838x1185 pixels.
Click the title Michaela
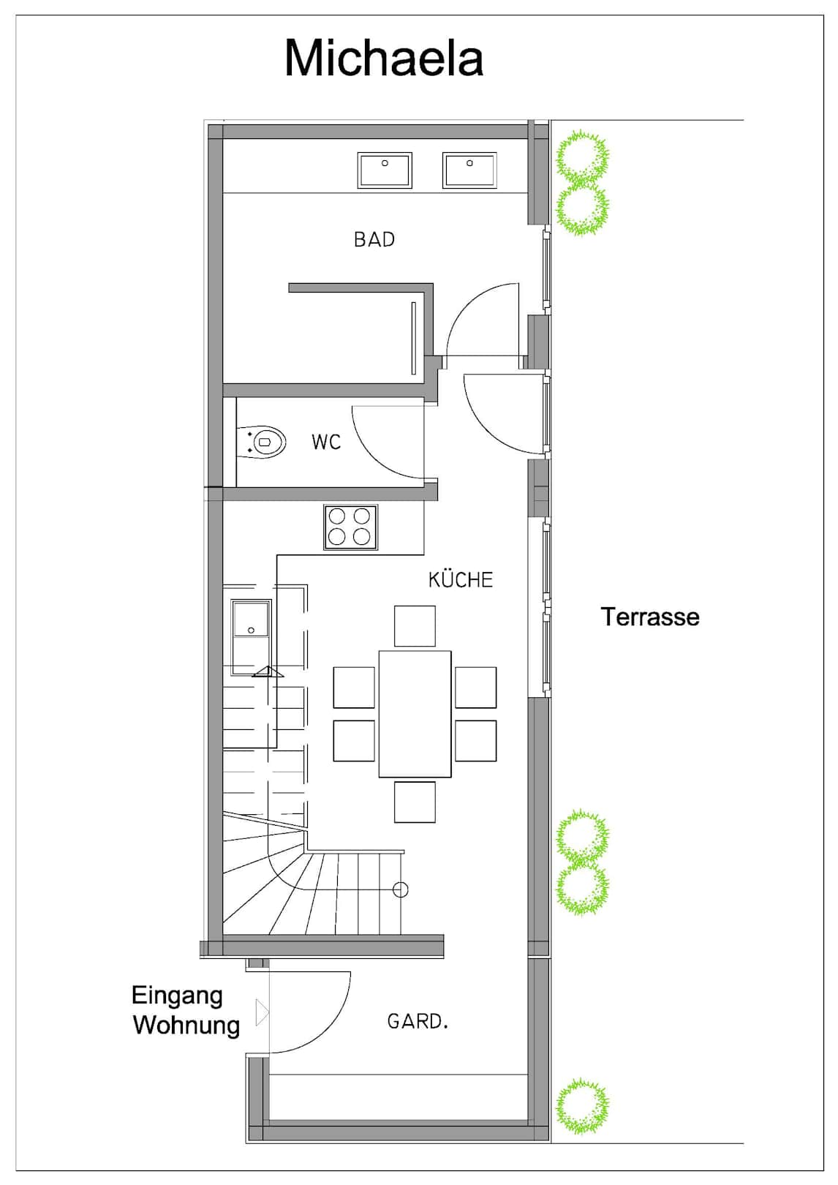384,59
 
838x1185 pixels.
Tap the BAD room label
374,240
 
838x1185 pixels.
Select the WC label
326,443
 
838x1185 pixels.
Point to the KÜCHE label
461,580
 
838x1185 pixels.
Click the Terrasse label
650,617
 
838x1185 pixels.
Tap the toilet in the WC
262,441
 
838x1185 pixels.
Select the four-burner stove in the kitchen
350,527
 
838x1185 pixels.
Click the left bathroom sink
385,170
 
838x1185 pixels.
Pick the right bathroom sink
469,170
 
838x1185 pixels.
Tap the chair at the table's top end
415,626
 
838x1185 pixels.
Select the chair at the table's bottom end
415,802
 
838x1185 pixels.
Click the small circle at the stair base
401,889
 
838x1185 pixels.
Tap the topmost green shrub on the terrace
581,156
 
